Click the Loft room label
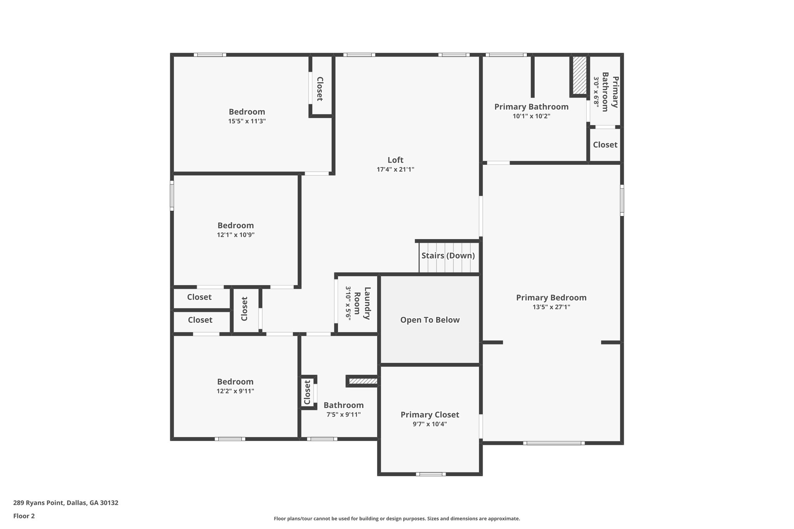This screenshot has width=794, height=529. pyautogui.click(x=395, y=160)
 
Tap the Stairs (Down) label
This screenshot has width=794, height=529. pyautogui.click(x=448, y=256)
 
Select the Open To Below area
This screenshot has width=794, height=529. pyautogui.click(x=430, y=320)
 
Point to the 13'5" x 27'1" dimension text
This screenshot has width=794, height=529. pyautogui.click(x=551, y=307)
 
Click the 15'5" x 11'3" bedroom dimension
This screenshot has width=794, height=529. pyautogui.click(x=247, y=121)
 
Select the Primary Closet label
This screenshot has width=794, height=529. pyautogui.click(x=430, y=415)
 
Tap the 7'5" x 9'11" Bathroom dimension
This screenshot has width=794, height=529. pyautogui.click(x=343, y=415)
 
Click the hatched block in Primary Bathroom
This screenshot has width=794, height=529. pyautogui.click(x=580, y=75)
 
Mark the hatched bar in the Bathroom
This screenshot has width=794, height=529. pyautogui.click(x=362, y=381)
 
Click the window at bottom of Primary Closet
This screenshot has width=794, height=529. pyautogui.click(x=431, y=474)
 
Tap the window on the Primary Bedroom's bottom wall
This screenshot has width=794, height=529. pyautogui.click(x=554, y=443)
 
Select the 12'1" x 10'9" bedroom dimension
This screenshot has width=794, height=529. pyautogui.click(x=235, y=235)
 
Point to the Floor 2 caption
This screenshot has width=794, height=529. pyautogui.click(x=24, y=516)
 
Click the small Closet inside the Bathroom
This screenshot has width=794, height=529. pyautogui.click(x=307, y=392)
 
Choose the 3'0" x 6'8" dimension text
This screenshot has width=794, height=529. pyautogui.click(x=596, y=92)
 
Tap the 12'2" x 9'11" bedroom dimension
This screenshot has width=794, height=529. pyautogui.click(x=235, y=391)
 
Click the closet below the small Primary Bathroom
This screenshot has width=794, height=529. pyautogui.click(x=605, y=145)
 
